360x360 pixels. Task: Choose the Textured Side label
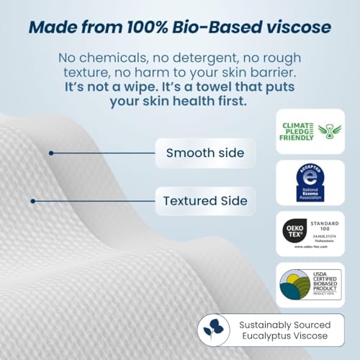pyautogui.click(x=205, y=200)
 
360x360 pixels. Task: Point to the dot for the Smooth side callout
pyautogui.click(x=51, y=153)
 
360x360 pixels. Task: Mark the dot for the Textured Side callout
pyautogui.click(x=32, y=200)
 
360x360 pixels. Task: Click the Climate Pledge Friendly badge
pyautogui.click(x=310, y=130)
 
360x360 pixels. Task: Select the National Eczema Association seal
pyautogui.click(x=310, y=181)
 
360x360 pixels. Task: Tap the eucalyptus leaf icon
pyautogui.click(x=214, y=330)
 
